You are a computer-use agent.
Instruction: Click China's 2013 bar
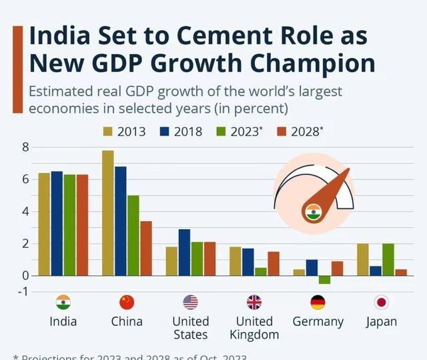[x=108, y=212]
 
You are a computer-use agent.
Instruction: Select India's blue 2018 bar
[x=57, y=223]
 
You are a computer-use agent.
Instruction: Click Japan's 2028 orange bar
[x=401, y=272]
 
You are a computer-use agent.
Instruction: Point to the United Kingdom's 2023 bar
[x=260, y=271]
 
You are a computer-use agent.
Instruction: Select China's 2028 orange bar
[x=146, y=248]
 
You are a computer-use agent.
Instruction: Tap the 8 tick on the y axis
[x=25, y=147]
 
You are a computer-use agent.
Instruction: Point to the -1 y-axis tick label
[x=23, y=291]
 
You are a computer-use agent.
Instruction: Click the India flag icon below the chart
[x=63, y=302]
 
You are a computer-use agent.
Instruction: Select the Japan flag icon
[x=382, y=302]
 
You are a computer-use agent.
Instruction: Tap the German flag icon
[x=318, y=302]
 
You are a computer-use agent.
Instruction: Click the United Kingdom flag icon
[x=254, y=302]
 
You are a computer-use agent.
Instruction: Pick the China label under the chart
[x=127, y=321]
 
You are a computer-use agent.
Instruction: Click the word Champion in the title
[x=312, y=64]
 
